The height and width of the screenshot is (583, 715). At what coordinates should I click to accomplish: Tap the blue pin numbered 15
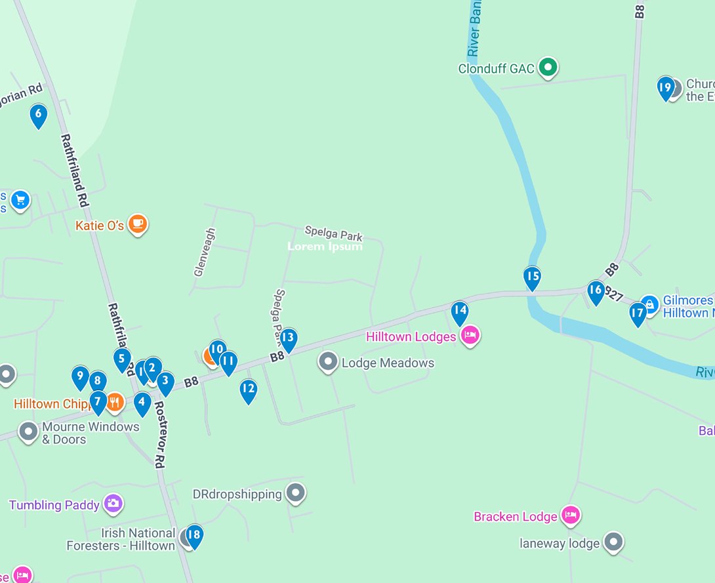coord(532,278)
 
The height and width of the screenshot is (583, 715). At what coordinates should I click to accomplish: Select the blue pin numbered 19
coord(665,88)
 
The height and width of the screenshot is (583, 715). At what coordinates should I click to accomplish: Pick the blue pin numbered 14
coord(460,313)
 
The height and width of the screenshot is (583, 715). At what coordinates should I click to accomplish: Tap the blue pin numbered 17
coord(638,314)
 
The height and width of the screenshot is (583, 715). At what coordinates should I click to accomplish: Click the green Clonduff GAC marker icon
coord(548,67)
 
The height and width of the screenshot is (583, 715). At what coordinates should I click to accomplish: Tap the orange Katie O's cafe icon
coord(137,224)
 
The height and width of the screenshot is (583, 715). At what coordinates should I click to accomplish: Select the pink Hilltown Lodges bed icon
coord(470,336)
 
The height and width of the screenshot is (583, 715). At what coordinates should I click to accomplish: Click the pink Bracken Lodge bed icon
coord(571,515)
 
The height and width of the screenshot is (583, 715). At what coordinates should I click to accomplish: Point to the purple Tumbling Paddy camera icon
coord(113,504)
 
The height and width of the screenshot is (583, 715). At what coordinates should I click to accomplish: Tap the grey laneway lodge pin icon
coord(613,542)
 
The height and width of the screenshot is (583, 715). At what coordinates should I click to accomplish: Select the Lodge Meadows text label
coord(388,363)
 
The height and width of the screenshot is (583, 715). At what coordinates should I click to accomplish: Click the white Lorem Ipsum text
coord(325,247)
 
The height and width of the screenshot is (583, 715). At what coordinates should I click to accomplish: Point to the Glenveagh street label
coord(205,252)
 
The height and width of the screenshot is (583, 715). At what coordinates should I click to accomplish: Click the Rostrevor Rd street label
coord(159,434)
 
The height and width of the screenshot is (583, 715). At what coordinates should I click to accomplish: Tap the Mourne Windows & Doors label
coord(91,433)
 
